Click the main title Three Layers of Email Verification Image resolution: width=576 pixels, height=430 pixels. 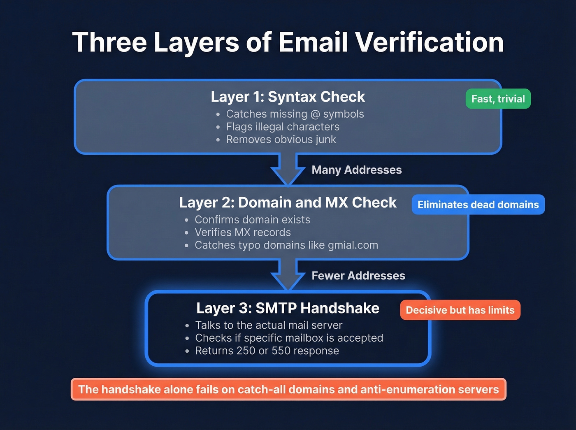288,42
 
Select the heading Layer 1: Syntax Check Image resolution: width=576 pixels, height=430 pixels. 288,97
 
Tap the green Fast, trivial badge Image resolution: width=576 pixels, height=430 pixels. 498,99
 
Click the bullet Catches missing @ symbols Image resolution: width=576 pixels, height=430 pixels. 295,114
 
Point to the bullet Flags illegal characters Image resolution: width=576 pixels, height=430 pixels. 283,127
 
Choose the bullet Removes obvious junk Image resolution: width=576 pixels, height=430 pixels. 281,139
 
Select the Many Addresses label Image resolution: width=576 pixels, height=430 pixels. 356,170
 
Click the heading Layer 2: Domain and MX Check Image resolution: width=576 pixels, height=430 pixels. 288,202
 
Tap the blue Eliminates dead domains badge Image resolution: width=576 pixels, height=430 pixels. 478,205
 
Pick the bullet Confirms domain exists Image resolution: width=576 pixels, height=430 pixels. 252,220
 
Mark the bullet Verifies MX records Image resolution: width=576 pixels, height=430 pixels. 243,232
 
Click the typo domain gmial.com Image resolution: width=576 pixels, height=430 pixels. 353,245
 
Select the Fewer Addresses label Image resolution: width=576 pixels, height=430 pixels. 358,276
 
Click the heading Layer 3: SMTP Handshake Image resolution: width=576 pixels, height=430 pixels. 288,308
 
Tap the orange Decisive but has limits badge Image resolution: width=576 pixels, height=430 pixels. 460,310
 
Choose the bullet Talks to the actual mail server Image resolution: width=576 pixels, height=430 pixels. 269,325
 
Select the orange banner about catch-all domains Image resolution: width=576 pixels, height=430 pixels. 288,389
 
